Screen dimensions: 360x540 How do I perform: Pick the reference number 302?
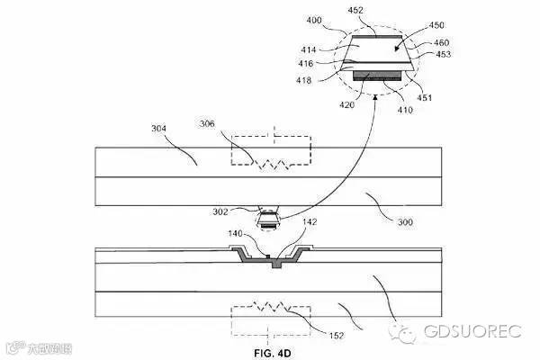pyautogui.click(x=244, y=213)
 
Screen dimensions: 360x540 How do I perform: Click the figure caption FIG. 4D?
pyautogui.click(x=271, y=353)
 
